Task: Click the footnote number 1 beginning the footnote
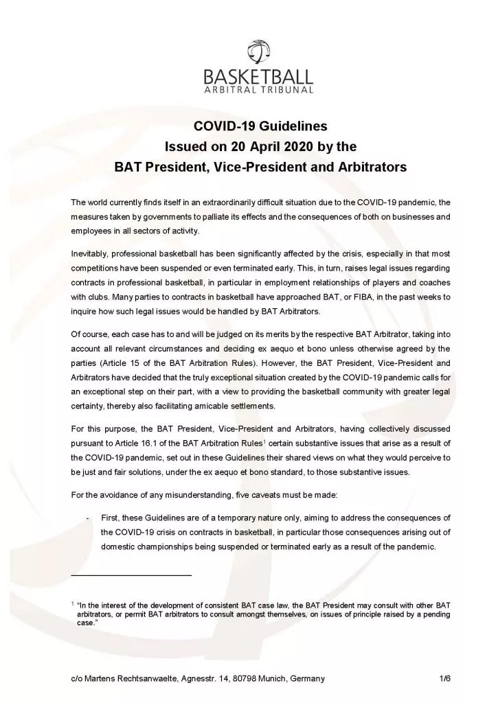pos(73,603)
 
